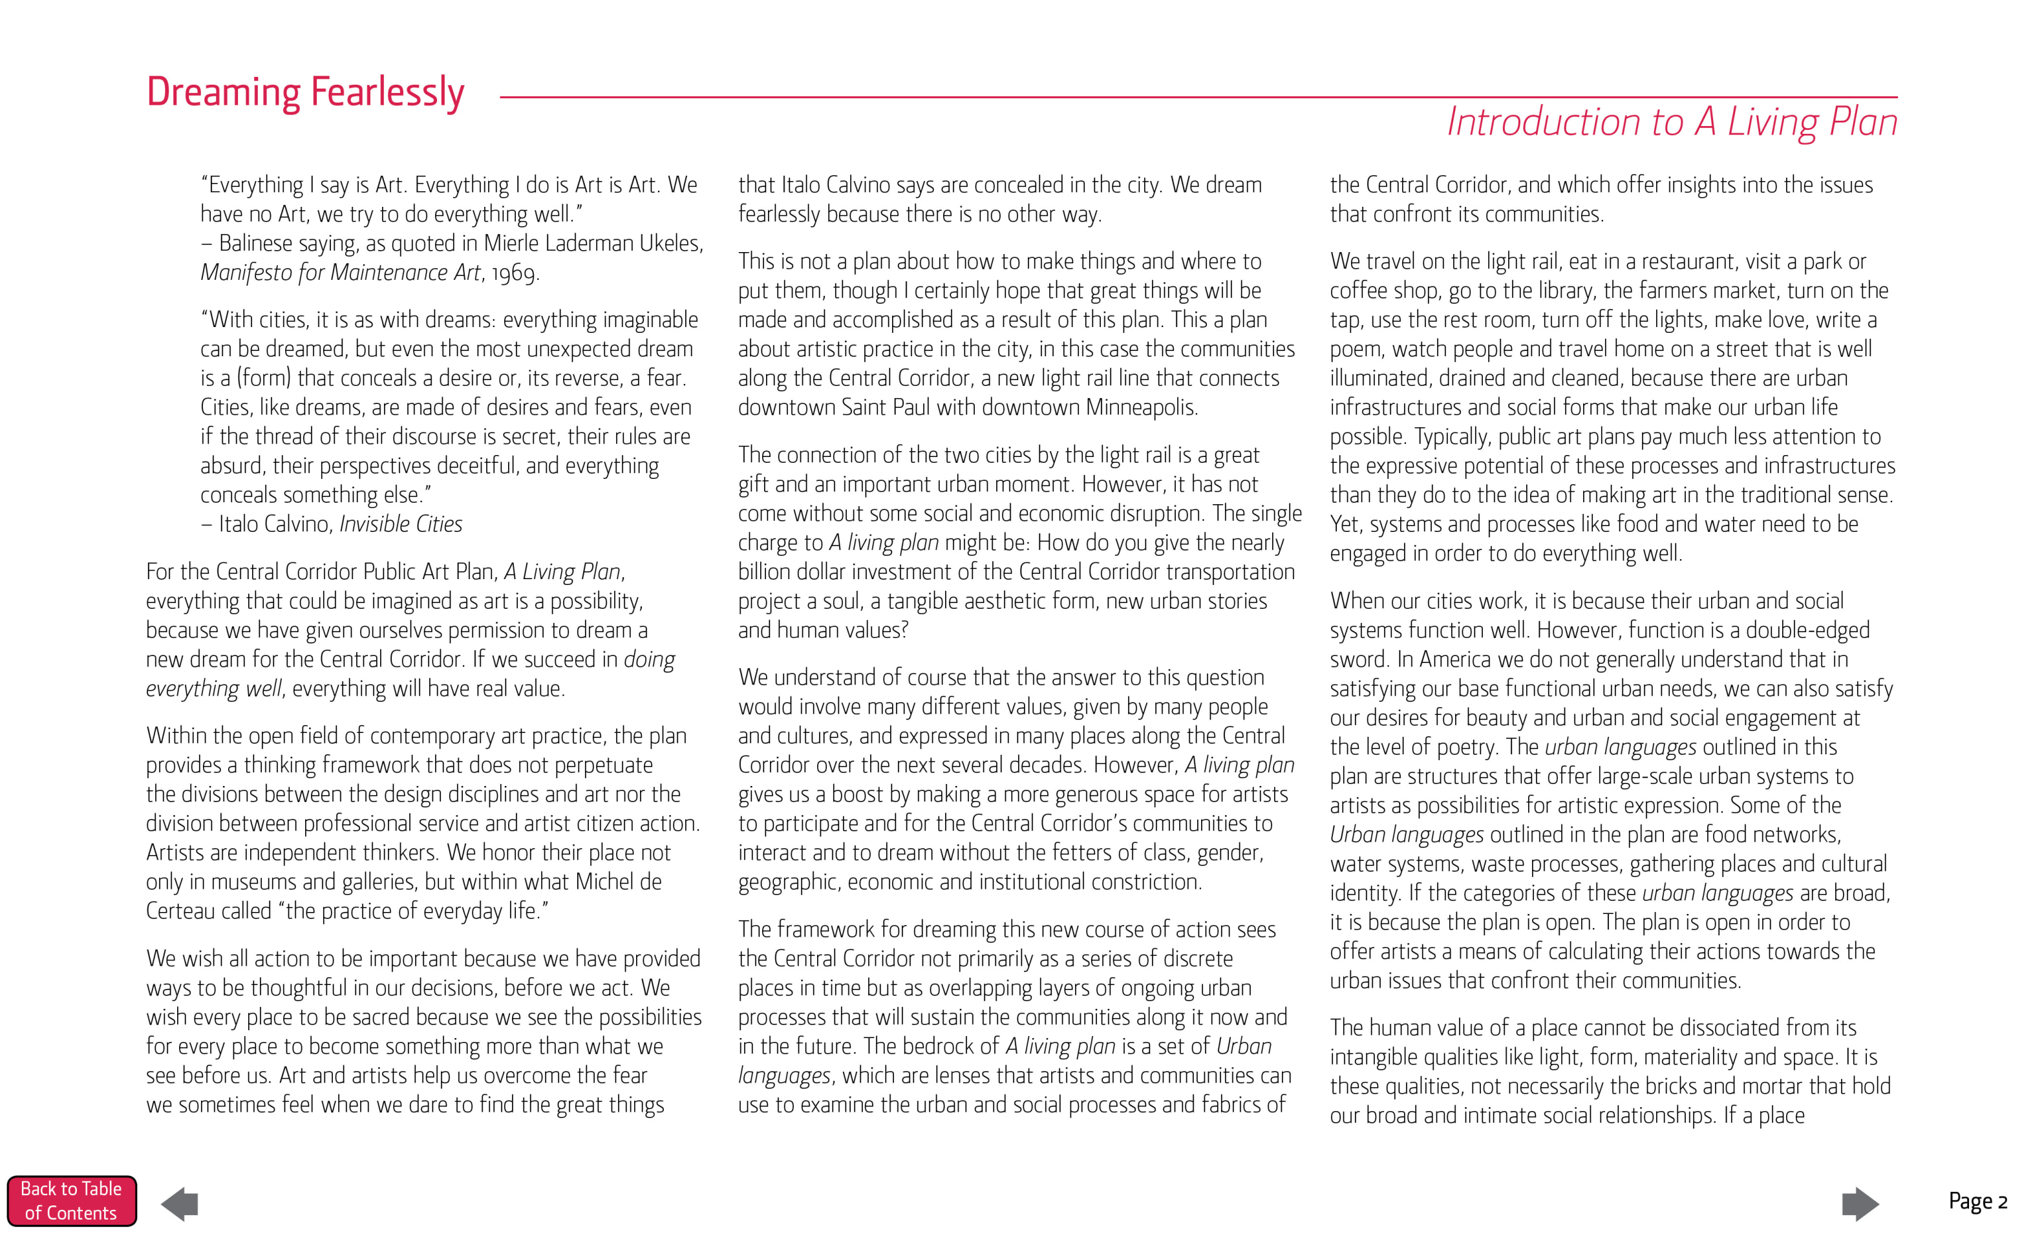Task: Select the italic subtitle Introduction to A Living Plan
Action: click(x=1672, y=123)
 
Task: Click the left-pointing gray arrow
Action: click(x=179, y=1204)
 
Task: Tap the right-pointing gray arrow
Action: click(x=1860, y=1204)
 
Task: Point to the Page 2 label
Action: click(x=1977, y=1201)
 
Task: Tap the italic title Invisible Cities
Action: click(x=401, y=524)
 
